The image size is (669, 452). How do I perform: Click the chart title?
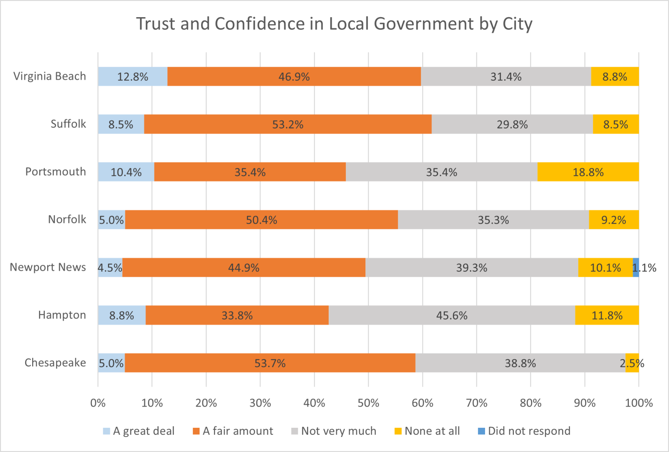point(334,24)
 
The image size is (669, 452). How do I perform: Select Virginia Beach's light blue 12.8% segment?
point(133,77)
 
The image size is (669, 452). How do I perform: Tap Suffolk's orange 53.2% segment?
point(288,124)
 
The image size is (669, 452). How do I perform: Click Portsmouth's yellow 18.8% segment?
point(588,172)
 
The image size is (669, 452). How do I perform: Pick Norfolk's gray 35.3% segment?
point(493,220)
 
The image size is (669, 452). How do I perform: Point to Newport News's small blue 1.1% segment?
point(636,268)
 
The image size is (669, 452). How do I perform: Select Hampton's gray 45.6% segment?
point(452,315)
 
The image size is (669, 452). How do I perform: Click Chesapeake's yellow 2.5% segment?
point(632,363)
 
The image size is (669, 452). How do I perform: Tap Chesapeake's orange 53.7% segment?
point(270,363)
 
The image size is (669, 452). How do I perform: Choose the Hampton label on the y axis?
point(62,315)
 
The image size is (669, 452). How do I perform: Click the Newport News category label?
point(48,267)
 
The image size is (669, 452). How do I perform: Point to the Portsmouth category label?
point(56,172)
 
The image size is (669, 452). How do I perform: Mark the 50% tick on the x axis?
point(368,403)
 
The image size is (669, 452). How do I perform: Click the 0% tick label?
point(98,403)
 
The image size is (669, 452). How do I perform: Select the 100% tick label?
point(638,403)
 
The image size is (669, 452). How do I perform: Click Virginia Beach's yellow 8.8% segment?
point(615,77)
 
